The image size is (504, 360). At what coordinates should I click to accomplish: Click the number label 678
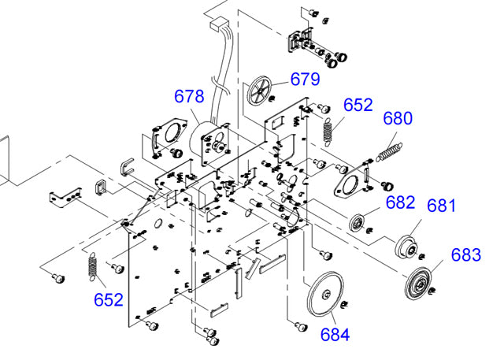point(189,96)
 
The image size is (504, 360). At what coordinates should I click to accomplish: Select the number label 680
point(398,119)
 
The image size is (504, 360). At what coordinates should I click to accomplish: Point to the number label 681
point(442,205)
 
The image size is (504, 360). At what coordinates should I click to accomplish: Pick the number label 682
point(400,202)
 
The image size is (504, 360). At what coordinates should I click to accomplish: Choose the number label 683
point(465,255)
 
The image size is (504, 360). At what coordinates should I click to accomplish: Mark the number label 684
point(335,334)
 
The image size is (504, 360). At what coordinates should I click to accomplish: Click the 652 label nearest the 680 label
point(358,104)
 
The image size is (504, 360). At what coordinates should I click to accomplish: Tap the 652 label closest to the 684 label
point(109,299)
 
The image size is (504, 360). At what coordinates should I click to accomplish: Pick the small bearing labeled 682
point(361,222)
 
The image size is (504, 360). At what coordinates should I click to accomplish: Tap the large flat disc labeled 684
point(324,294)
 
